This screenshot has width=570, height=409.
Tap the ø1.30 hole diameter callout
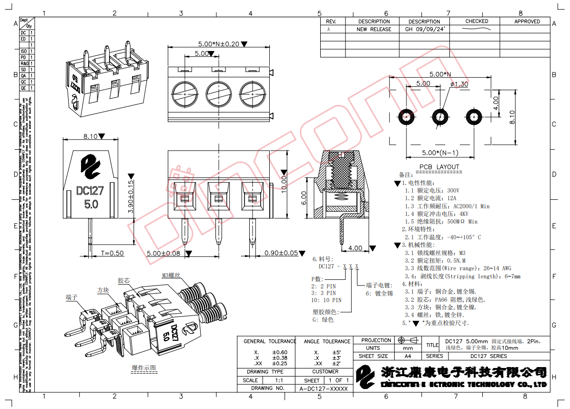459,84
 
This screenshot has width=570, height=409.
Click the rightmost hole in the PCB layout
473,117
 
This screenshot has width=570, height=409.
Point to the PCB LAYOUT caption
439,167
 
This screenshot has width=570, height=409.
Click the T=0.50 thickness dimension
112,253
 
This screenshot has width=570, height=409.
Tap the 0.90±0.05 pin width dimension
287,253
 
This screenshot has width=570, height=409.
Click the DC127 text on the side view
90,191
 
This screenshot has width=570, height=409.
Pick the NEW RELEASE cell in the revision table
374,29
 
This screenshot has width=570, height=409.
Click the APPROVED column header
527,21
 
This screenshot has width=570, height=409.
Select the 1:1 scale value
279,380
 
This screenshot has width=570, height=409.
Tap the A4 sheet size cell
407,356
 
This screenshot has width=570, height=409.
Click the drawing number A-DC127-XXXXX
324,389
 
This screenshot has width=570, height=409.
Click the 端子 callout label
71,297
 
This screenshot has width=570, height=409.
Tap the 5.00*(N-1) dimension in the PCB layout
440,153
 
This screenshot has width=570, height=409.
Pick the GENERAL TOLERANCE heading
270,341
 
